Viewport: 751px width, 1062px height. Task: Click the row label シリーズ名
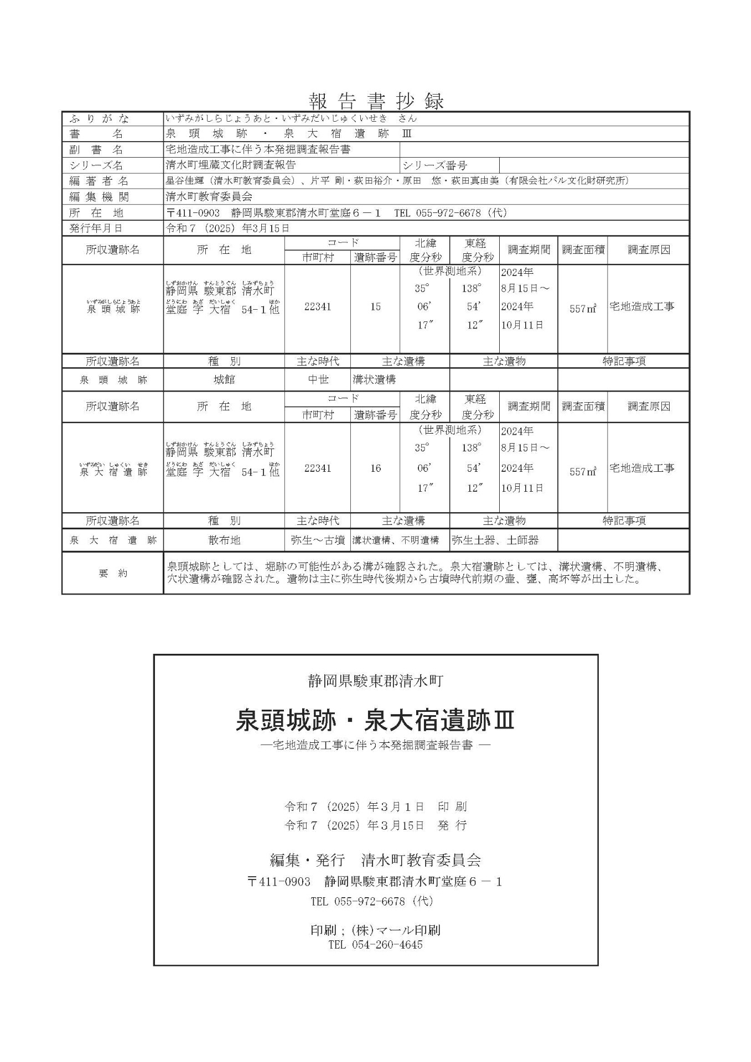coord(96,165)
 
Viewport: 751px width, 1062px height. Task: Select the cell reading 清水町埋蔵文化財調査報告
coord(230,165)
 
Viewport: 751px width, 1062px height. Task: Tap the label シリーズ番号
coord(434,165)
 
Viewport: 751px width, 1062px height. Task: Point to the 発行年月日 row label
coord(96,228)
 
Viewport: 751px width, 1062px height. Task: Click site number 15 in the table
coord(375,306)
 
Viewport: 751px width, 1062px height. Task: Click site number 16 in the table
coord(375,468)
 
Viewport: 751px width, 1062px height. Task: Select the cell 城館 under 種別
coord(224,380)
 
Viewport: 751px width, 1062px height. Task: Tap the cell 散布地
coord(224,540)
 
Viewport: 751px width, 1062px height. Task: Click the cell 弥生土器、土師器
coord(495,540)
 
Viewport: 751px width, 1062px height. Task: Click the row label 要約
coord(113,573)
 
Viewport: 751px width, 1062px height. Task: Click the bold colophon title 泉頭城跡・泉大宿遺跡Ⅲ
coord(375,721)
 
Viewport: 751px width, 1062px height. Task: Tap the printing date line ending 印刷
coord(375,806)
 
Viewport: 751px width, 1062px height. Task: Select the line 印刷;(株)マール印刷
coord(375,930)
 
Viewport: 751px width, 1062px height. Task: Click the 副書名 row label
coord(96,149)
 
